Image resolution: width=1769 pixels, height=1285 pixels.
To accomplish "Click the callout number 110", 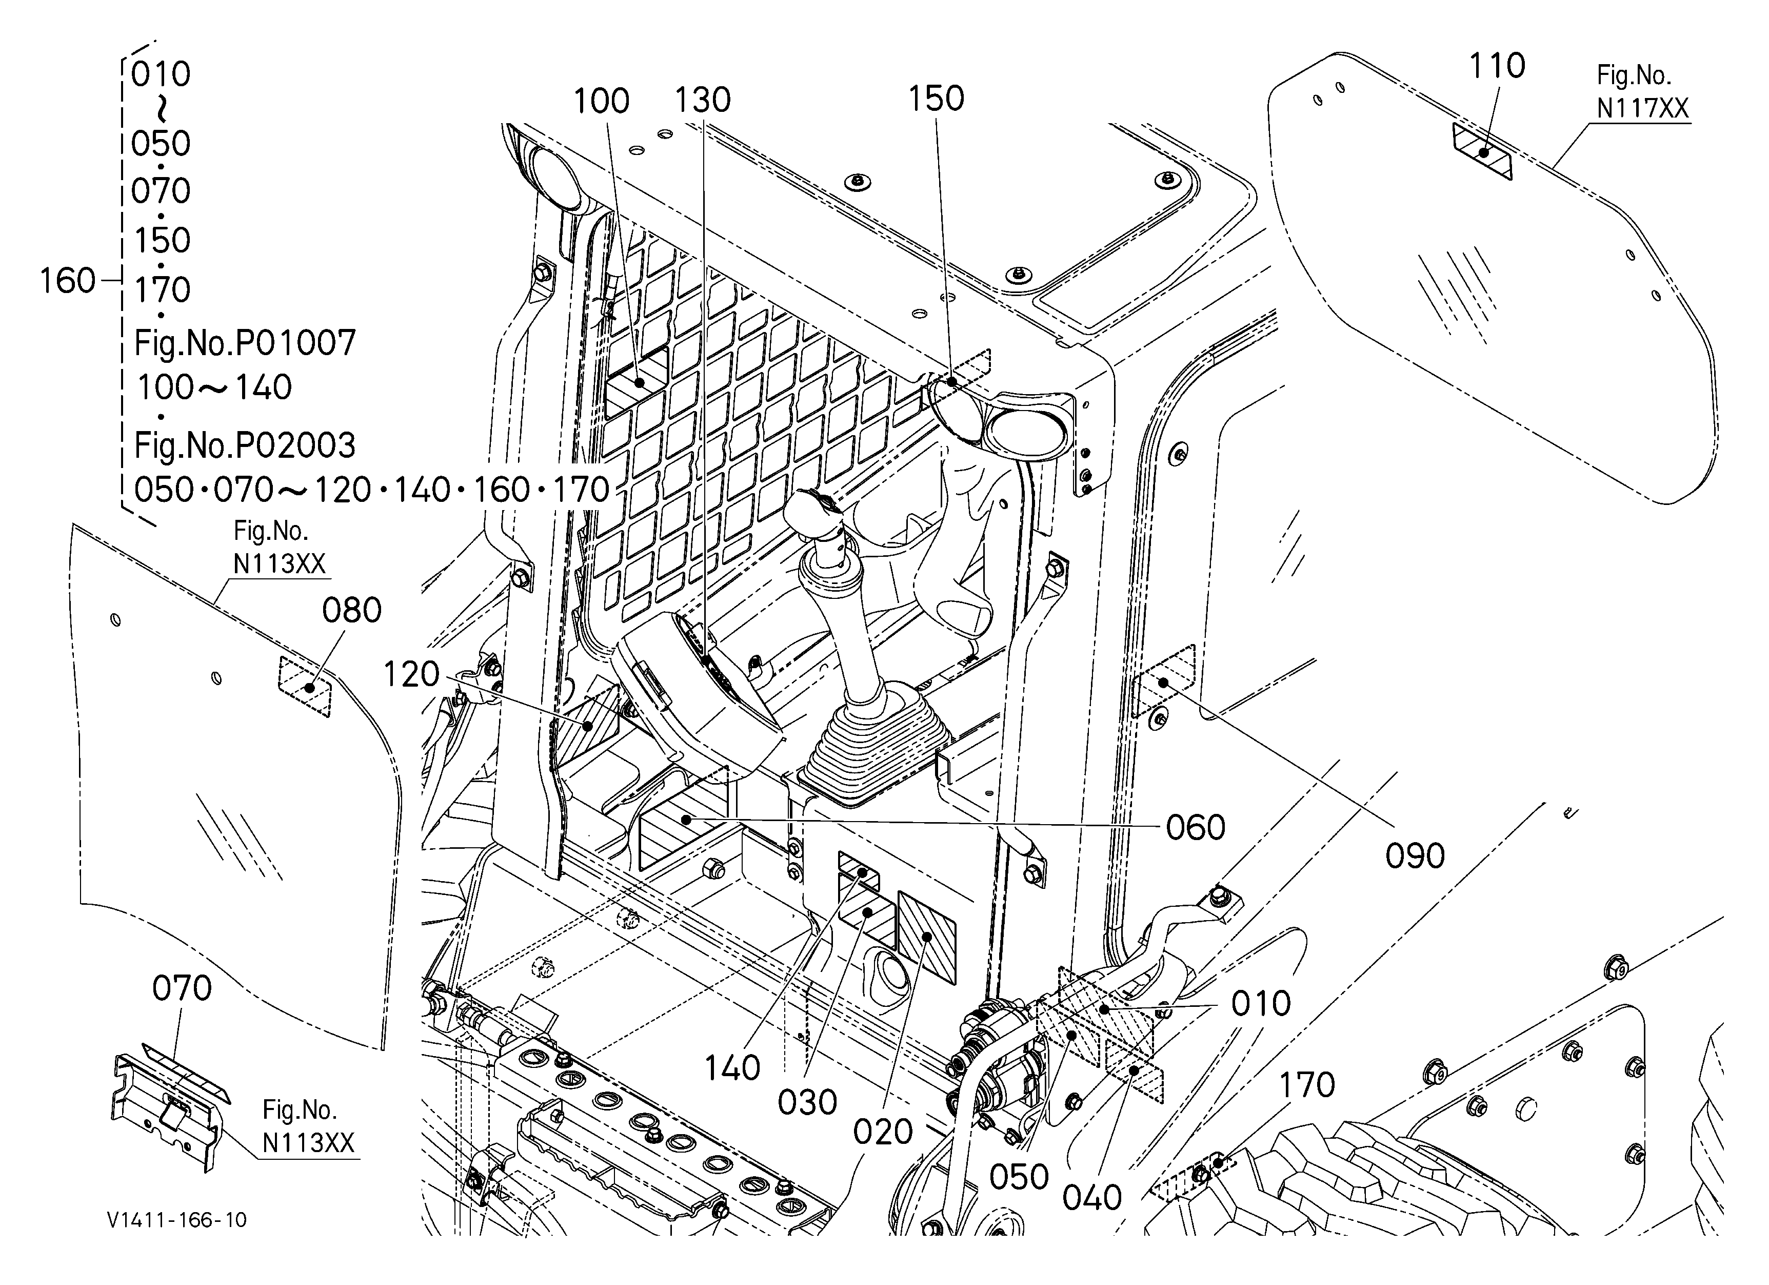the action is (1497, 66).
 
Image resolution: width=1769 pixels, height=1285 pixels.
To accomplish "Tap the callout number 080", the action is (352, 610).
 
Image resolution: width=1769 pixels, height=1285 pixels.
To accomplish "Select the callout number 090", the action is (1415, 856).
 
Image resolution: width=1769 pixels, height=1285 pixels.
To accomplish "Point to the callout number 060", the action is (1196, 827).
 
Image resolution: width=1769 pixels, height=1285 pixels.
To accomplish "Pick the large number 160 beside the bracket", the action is (68, 280).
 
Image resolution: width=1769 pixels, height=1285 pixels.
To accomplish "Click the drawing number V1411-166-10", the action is (177, 1219).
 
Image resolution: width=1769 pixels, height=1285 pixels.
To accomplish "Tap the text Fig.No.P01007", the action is (245, 342).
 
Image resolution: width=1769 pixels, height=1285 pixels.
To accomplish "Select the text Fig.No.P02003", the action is (245, 445).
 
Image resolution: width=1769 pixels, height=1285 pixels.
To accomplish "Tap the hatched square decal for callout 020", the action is (927, 937).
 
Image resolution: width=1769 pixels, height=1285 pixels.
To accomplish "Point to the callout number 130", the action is (702, 100).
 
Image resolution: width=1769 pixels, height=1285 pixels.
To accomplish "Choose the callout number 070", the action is (182, 988).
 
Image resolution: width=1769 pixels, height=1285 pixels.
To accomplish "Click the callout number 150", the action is (936, 99).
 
